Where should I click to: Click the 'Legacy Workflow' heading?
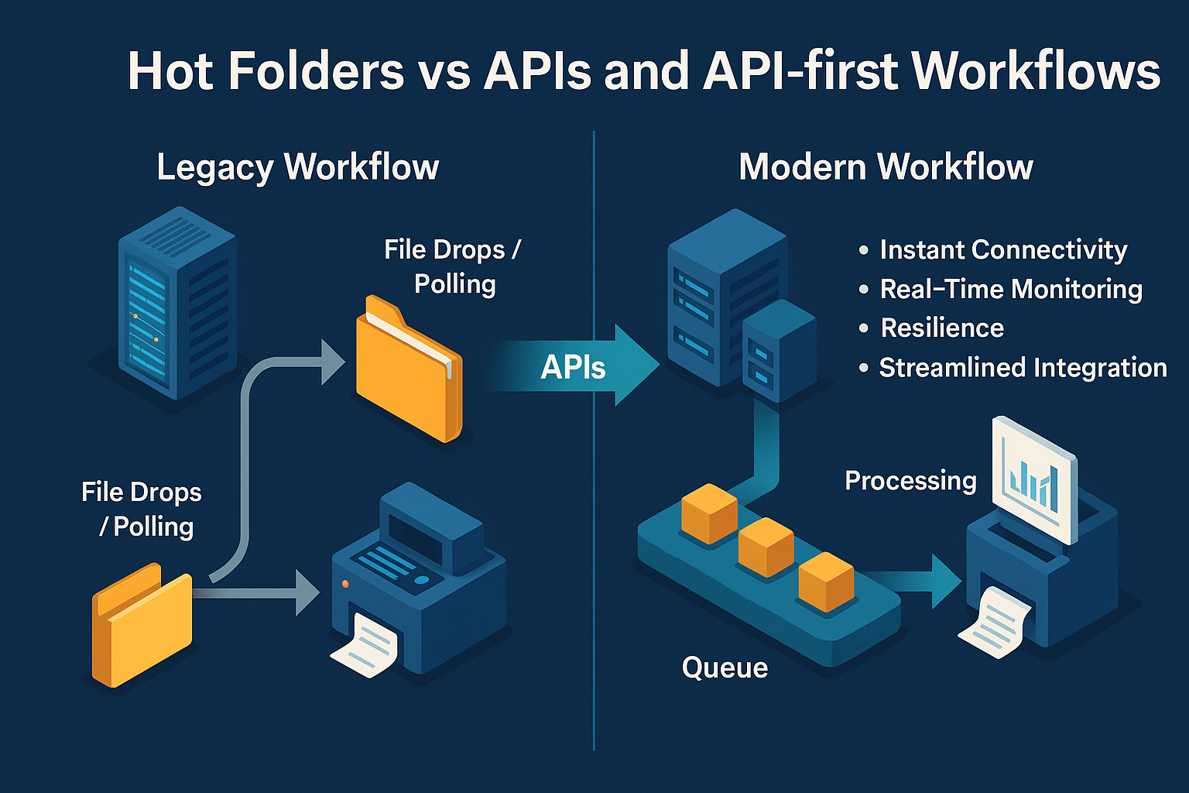[297, 167]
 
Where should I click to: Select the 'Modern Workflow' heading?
[886, 167]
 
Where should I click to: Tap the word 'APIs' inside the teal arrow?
[573, 367]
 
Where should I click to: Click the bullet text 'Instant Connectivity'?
[1002, 250]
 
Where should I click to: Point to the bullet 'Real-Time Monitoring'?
[1010, 289]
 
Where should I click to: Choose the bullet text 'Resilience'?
[942, 328]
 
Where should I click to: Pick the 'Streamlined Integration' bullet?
[1022, 368]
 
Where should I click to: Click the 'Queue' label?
[725, 668]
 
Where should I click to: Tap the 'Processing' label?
[910, 481]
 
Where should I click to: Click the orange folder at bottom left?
[142, 627]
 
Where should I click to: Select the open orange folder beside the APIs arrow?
[408, 370]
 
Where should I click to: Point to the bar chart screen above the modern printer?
[1035, 480]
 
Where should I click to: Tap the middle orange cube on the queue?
[766, 546]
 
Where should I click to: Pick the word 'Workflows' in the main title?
[1036, 71]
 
